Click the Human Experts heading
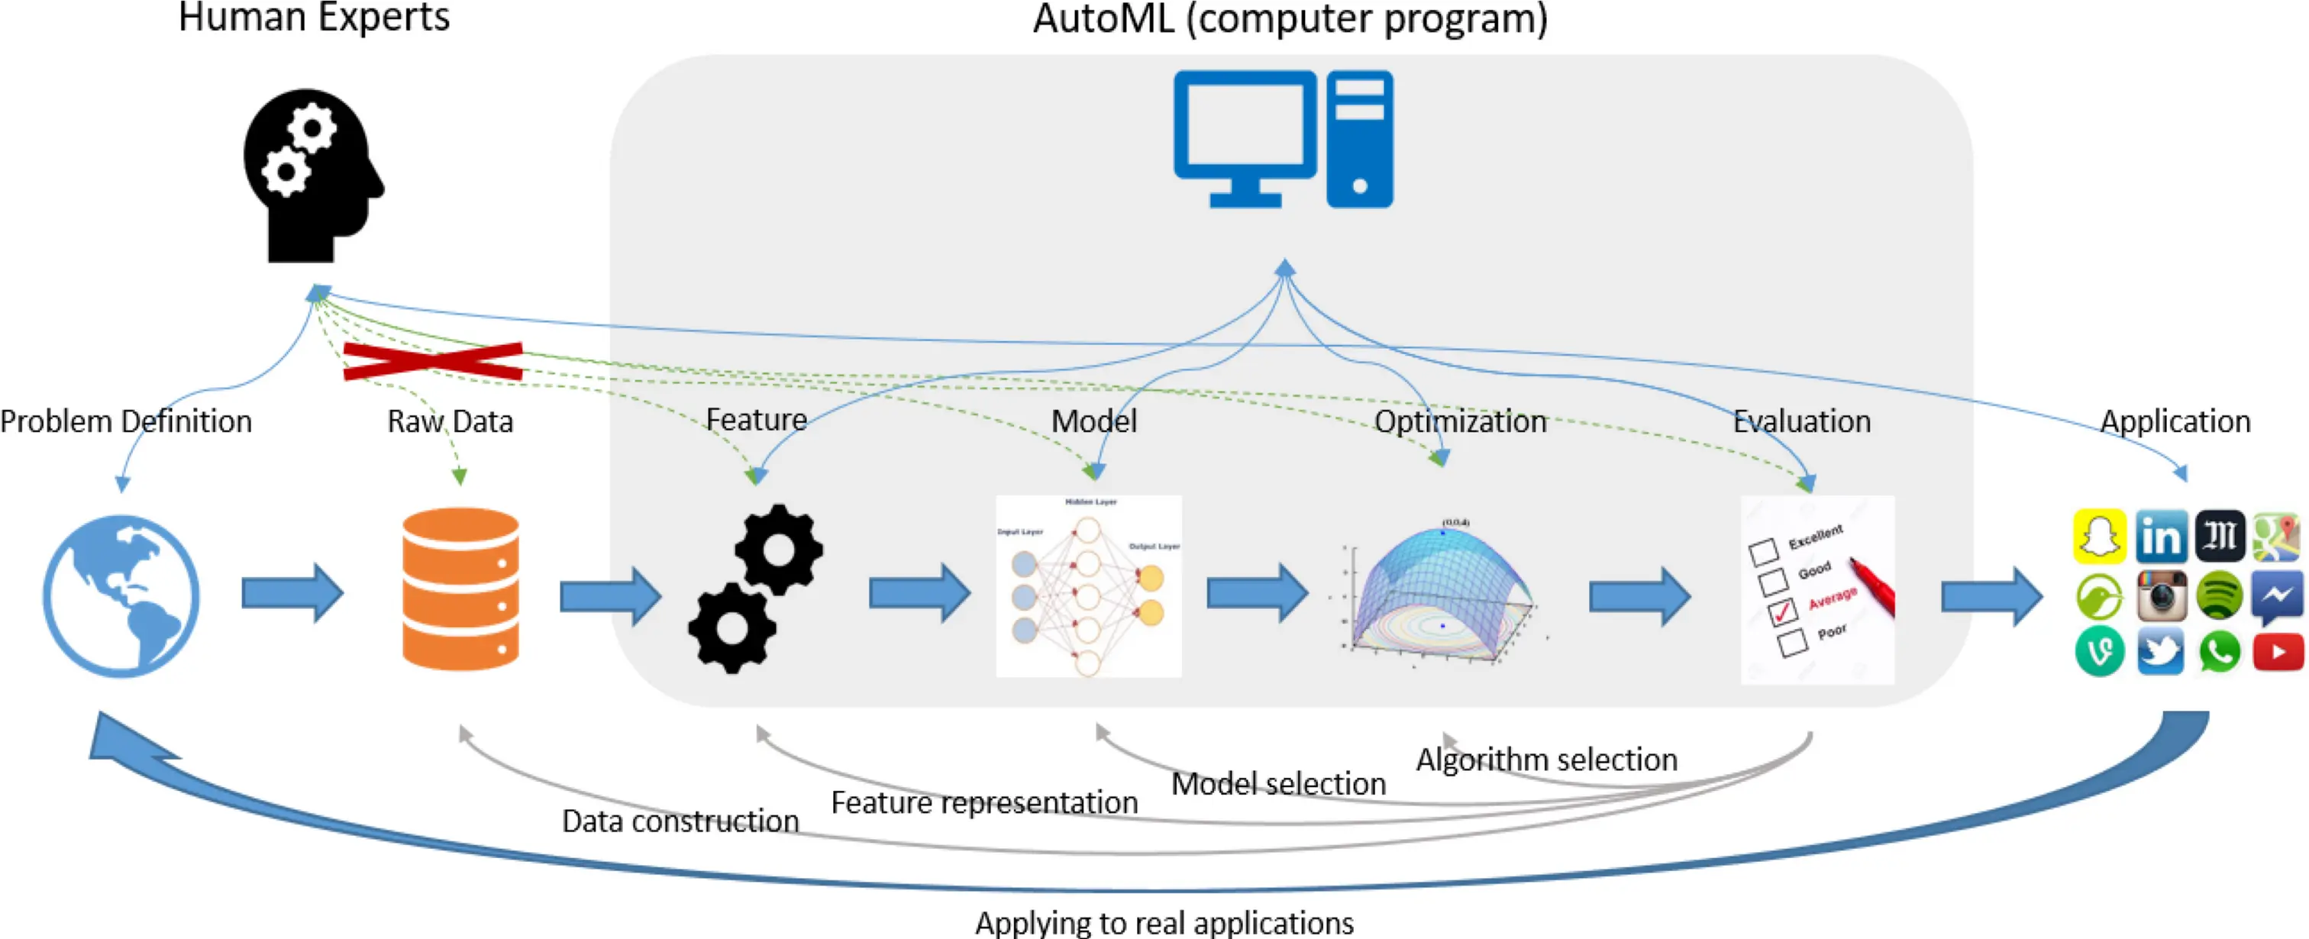pos(314,18)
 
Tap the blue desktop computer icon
pos(1284,139)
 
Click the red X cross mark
pos(433,361)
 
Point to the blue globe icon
pos(121,595)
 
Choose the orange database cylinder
pos(460,589)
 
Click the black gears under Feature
pos(756,589)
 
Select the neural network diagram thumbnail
pos(1088,587)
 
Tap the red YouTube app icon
pos(2278,651)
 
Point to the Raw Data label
pos(450,421)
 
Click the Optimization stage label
pos(1460,421)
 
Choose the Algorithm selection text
pos(1546,760)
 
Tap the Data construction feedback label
pos(680,821)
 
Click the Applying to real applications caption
pos(1164,922)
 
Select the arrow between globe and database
pos(292,592)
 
